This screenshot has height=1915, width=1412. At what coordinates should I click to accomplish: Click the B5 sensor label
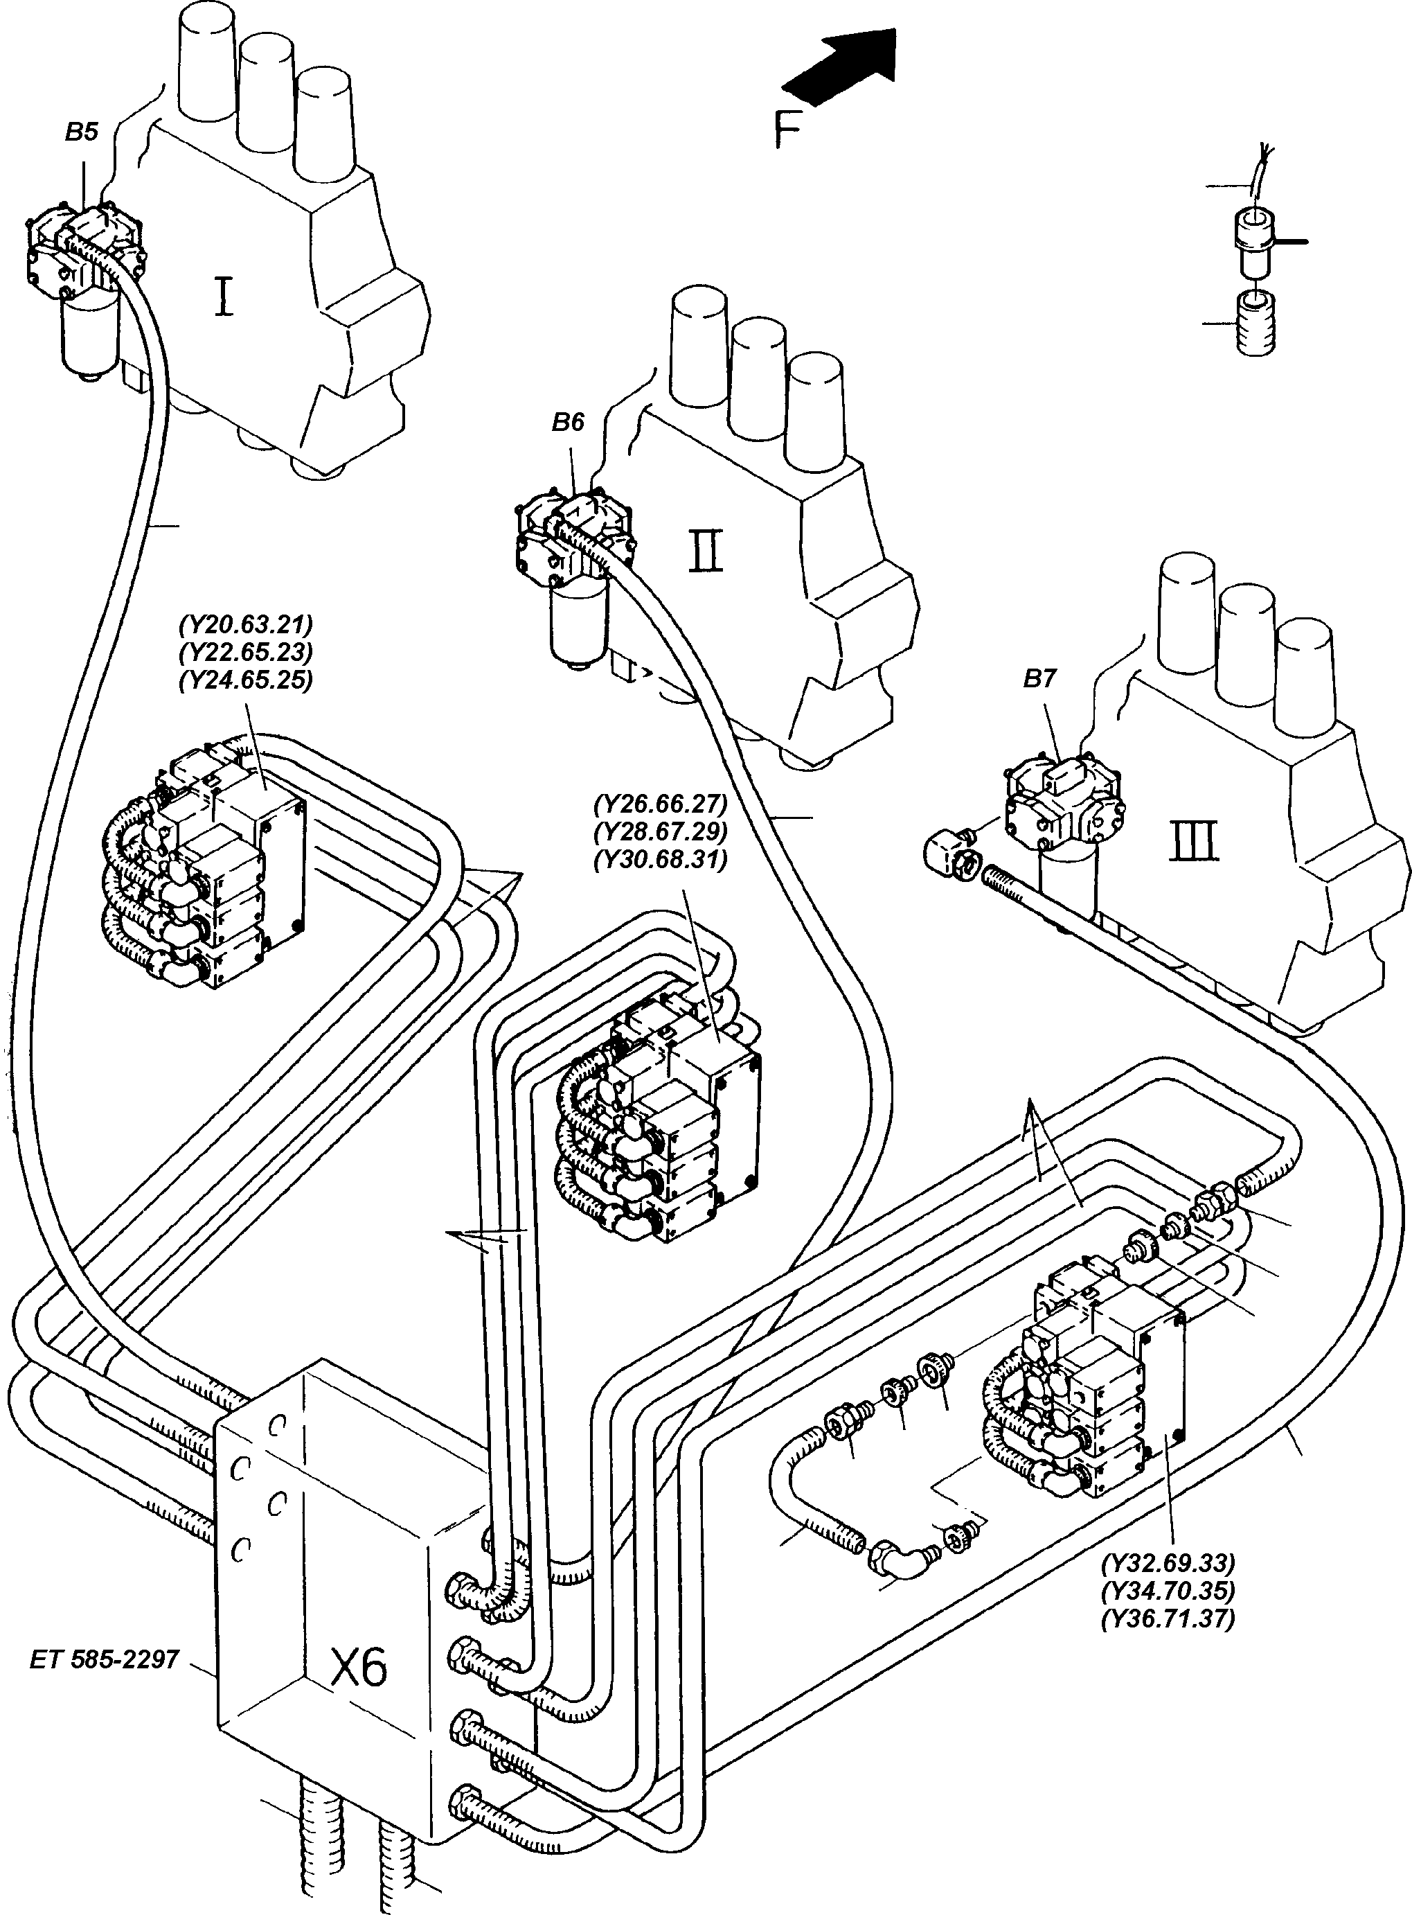(x=81, y=132)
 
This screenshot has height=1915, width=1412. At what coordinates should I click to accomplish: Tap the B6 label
(x=568, y=423)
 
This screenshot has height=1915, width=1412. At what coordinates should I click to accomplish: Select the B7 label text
(x=1039, y=679)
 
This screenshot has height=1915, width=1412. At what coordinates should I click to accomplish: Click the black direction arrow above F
(x=842, y=67)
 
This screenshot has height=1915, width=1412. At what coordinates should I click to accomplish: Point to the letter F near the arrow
(x=787, y=132)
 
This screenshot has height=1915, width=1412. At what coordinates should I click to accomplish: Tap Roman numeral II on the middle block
(x=706, y=551)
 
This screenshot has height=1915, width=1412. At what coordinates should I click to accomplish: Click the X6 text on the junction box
(x=359, y=1666)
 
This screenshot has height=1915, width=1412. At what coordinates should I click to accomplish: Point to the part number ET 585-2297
(x=105, y=1659)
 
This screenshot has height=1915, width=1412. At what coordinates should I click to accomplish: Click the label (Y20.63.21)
(x=245, y=624)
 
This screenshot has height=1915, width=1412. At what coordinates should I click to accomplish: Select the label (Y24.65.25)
(x=245, y=680)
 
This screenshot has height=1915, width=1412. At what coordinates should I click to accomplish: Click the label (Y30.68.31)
(x=660, y=859)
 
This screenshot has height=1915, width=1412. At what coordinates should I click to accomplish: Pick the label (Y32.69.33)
(x=1168, y=1564)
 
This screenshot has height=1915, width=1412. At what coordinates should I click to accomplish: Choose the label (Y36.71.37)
(x=1168, y=1619)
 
